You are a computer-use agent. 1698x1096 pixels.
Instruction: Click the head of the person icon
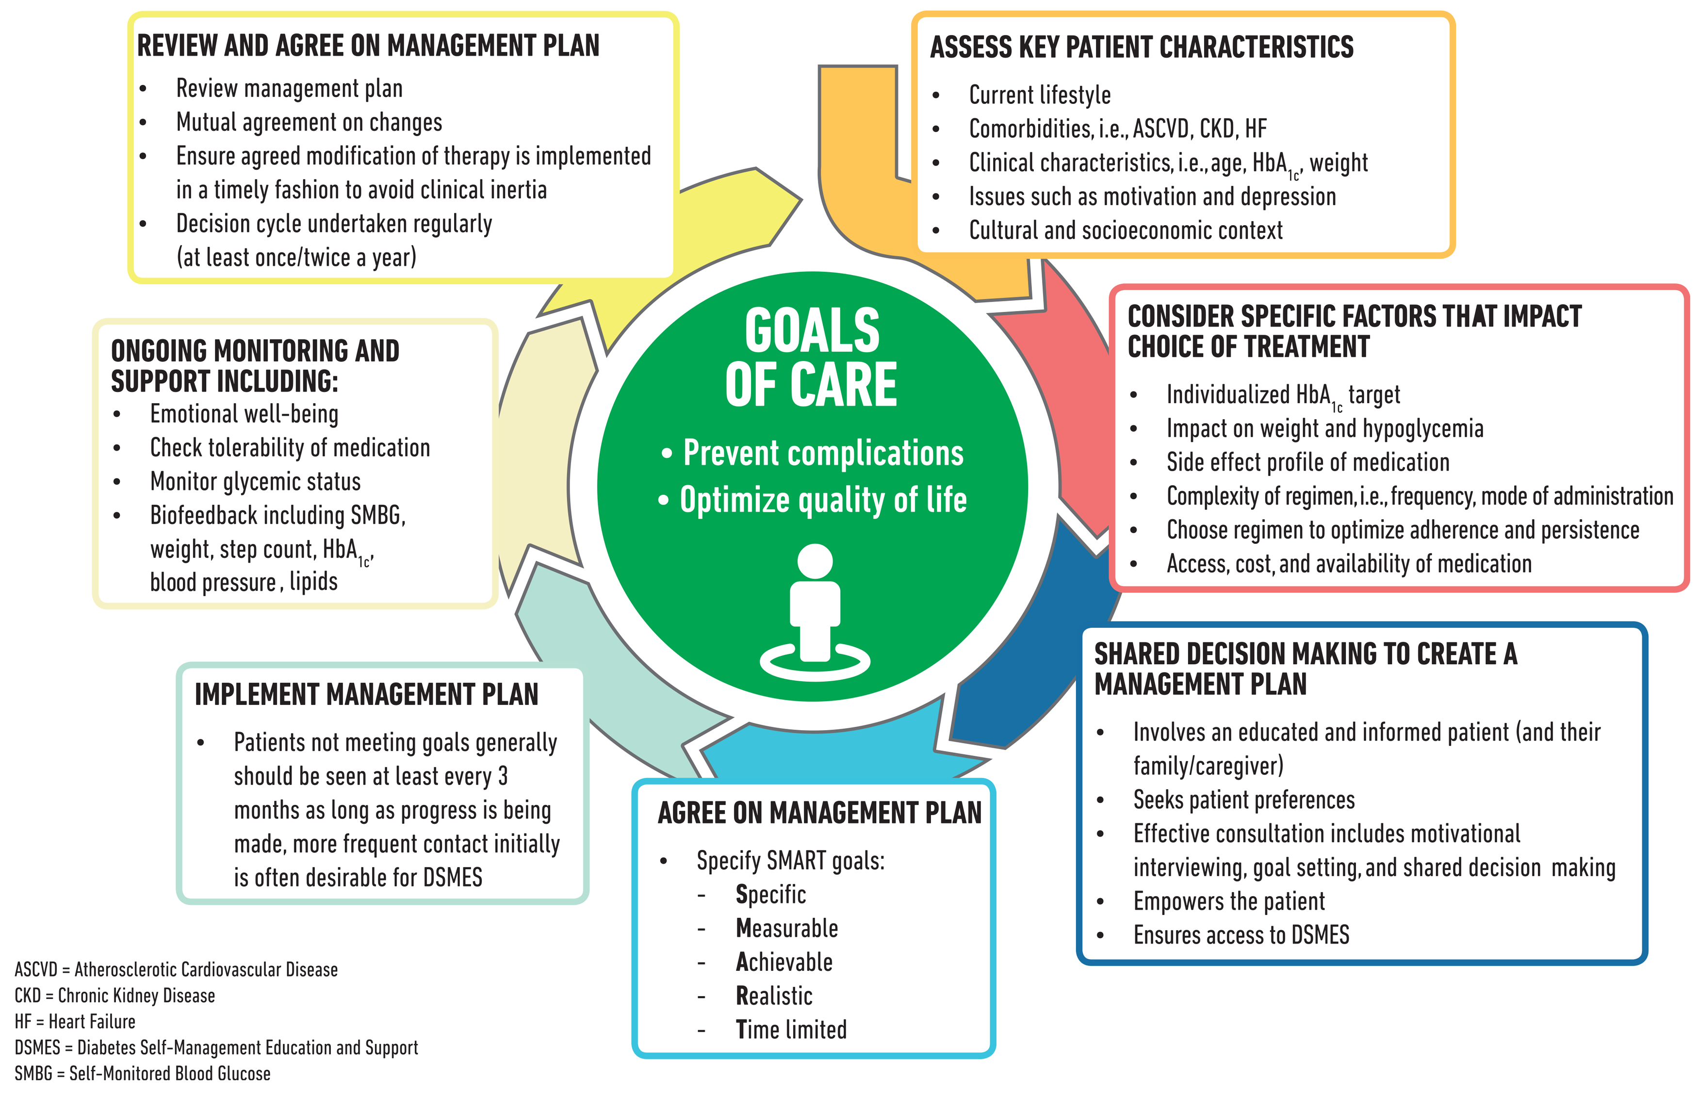815,561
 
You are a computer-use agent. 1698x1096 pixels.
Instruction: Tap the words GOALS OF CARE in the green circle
812,358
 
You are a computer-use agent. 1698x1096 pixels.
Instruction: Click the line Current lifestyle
1039,95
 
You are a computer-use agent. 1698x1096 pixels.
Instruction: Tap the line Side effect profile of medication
1307,462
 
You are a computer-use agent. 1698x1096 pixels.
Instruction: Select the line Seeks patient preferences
1243,800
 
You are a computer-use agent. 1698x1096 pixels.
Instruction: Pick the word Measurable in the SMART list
786,928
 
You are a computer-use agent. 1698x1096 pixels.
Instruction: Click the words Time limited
791,1030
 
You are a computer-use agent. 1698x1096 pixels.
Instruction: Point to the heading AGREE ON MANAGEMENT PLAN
819,813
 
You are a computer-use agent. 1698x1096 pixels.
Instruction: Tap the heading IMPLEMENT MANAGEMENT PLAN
366,695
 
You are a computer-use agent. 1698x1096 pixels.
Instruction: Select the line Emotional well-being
244,413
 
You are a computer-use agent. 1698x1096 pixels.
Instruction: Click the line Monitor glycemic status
255,482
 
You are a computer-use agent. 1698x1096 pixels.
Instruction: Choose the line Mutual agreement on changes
309,122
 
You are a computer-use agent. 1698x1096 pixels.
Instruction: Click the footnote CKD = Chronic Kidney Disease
114,996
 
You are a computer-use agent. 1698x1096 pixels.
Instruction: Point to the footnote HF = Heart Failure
75,1022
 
